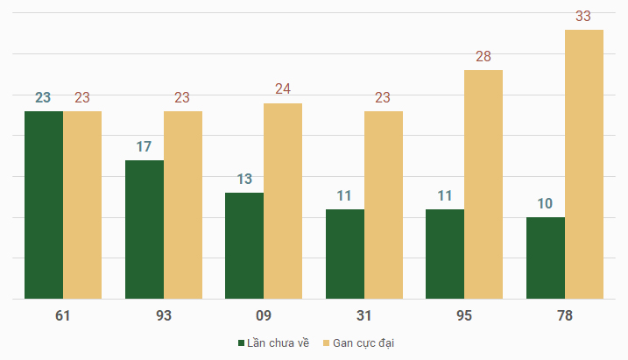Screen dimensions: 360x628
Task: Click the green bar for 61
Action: click(44, 205)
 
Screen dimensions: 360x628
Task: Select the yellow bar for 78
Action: click(584, 165)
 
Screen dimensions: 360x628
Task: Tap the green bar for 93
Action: click(145, 229)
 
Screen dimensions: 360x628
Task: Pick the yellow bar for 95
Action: click(483, 185)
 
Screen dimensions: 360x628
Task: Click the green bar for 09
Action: click(244, 246)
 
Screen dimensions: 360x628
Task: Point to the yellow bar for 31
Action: click(384, 205)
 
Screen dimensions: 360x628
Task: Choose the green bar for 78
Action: click(546, 258)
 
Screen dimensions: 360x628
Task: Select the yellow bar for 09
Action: click(283, 201)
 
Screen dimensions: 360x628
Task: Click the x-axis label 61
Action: click(63, 315)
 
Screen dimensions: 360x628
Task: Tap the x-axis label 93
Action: click(164, 315)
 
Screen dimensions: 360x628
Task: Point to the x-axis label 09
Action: click(264, 315)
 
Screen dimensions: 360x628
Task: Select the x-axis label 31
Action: click(364, 315)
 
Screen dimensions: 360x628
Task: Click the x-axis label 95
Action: click(464, 315)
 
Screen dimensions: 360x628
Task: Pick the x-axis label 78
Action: click(565, 315)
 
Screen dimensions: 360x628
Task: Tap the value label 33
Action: click(584, 17)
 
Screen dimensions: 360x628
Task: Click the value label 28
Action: click(483, 57)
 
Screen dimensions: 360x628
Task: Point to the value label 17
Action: click(145, 146)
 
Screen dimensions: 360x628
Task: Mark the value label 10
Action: click(545, 204)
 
